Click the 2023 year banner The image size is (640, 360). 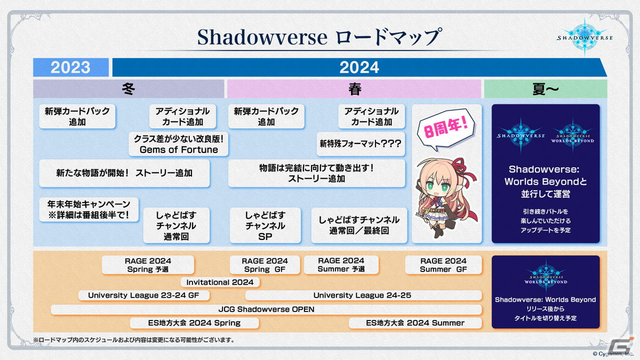pos(71,67)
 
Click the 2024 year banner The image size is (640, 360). pos(359,67)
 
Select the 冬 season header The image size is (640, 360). pos(129,89)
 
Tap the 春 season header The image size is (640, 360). pos(355,89)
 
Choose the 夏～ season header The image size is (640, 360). pos(545,89)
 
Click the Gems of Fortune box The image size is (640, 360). pos(179,144)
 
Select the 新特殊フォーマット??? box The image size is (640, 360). pos(360,143)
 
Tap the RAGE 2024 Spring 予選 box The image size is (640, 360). pos(148,265)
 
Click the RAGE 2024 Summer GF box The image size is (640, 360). pos(443,265)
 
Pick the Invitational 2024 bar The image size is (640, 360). pos(220,282)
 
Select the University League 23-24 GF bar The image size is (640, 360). pos(143,295)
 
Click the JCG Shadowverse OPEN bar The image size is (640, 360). pos(266,309)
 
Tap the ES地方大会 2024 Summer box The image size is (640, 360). pos(415,323)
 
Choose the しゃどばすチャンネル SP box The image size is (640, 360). pos(265,226)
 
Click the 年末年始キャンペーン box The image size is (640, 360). pos(89,210)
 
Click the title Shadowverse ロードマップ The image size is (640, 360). pos(319,37)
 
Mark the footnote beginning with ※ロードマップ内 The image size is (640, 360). pos(133,340)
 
